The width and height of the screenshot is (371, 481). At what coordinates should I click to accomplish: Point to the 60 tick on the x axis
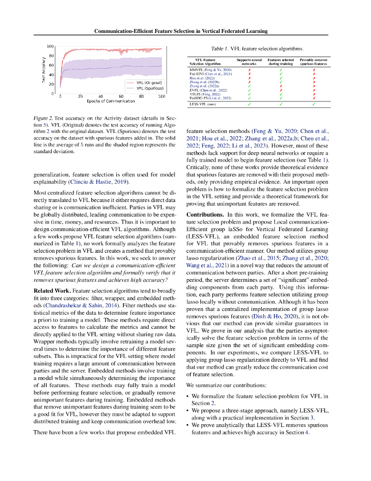[121, 96]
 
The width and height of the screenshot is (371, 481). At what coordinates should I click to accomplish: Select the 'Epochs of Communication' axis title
[111, 101]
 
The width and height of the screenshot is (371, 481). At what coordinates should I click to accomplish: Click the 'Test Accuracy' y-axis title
[43, 70]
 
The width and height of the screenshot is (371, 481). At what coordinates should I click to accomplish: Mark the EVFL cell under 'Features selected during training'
[280, 89]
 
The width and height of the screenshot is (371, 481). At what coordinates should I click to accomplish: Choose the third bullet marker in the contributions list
[188, 425]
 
